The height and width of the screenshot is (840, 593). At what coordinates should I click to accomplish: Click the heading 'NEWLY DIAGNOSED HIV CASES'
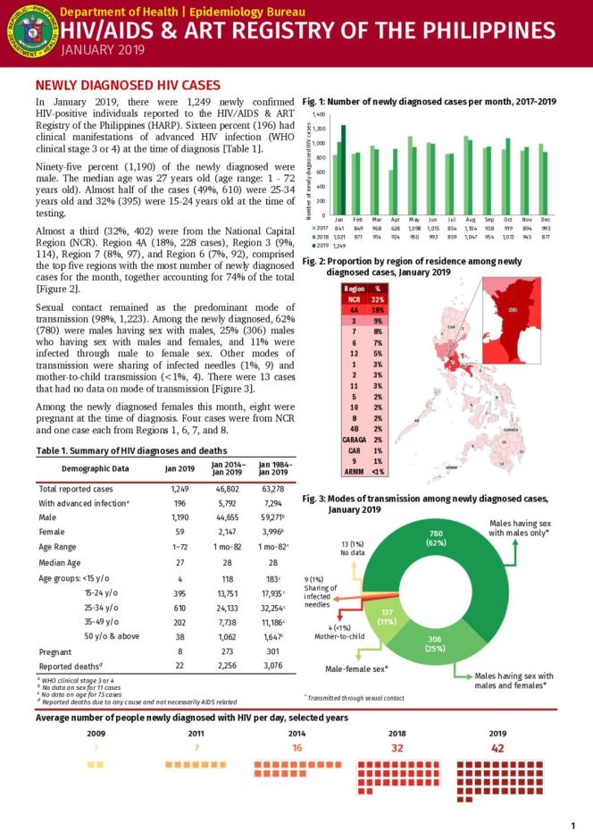click(x=127, y=85)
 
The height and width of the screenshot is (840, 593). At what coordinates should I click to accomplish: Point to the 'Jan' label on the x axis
click(x=339, y=219)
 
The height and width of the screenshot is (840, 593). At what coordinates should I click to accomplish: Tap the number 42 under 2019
click(x=497, y=747)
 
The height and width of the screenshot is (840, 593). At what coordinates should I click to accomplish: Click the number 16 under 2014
click(x=296, y=747)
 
